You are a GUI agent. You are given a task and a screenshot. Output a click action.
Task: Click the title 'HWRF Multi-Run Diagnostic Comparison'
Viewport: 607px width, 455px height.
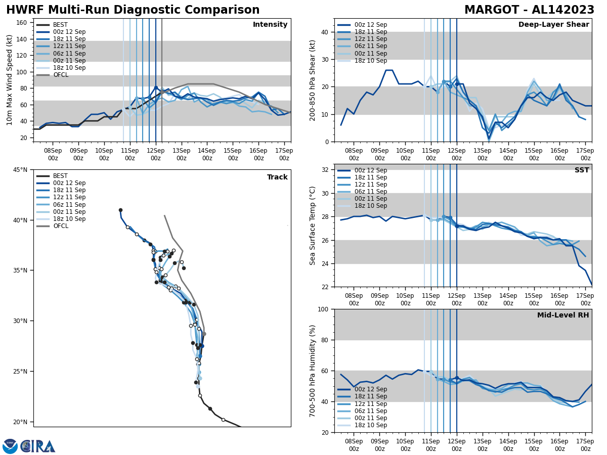tap(133, 10)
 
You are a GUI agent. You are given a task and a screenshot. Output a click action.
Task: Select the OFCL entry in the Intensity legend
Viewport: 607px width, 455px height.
tap(60, 75)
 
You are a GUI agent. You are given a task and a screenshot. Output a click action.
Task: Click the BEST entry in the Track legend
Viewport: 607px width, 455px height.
tap(60, 176)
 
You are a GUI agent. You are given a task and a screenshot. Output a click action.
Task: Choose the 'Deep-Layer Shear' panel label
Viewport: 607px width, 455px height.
tap(553, 25)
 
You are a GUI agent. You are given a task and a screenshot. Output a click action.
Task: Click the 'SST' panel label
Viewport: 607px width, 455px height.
tap(582, 170)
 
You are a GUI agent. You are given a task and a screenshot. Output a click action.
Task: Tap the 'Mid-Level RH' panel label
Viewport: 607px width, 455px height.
tap(563, 315)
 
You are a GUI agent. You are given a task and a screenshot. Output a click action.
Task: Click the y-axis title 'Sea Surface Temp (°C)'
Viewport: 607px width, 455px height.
tap(313, 225)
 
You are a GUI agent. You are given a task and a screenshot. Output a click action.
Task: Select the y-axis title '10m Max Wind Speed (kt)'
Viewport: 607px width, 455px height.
tap(10, 80)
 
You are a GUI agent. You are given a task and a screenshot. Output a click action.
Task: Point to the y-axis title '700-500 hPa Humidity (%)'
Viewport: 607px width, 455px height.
tap(313, 371)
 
